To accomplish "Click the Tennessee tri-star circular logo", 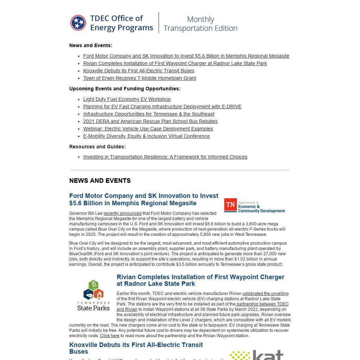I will point(78,23).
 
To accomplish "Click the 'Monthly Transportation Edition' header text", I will point(200,24).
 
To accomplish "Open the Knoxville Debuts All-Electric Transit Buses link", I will point(139,71).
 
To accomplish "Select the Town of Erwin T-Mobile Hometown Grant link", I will point(140,78).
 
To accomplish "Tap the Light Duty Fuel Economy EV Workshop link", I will point(127,99).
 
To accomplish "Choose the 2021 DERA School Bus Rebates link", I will point(150,121).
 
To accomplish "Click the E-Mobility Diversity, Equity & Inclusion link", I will point(146,136).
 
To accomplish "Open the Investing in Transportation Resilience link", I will point(165,157).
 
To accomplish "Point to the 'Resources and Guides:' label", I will point(97,147).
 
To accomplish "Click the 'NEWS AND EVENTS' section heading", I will point(100,181).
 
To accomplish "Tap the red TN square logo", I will point(230,205).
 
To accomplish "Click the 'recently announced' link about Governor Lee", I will point(122,213).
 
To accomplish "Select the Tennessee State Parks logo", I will point(93,295).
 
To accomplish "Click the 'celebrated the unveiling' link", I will point(265,294).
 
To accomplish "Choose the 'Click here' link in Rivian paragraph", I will point(110,336).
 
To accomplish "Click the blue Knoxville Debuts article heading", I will point(136,348).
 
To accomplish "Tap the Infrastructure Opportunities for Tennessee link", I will point(149,114).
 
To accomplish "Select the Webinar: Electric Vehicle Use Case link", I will point(148,129).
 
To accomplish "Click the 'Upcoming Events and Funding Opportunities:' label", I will point(125,89).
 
